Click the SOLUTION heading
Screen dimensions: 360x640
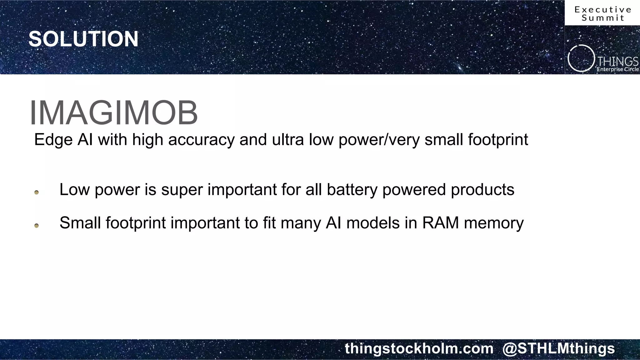(x=83, y=39)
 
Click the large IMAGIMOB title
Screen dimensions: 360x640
(x=114, y=113)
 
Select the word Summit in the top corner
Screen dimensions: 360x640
(x=603, y=18)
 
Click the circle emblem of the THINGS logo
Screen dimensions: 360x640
(x=581, y=58)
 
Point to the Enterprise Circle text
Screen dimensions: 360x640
(x=617, y=69)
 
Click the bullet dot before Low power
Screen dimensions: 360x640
(x=37, y=192)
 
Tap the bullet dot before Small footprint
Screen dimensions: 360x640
(x=37, y=226)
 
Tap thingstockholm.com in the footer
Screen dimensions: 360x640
(x=419, y=348)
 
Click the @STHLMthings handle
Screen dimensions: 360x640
(x=558, y=348)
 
